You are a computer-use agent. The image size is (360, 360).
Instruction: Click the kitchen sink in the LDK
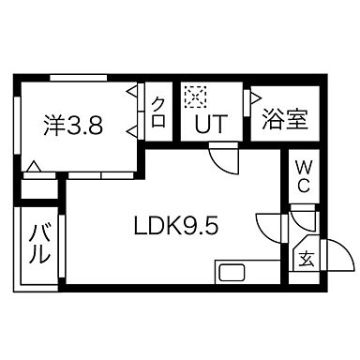[232, 276]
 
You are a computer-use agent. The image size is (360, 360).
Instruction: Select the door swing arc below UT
[222, 159]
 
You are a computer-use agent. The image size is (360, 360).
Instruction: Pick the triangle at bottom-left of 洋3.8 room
[32, 169]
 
